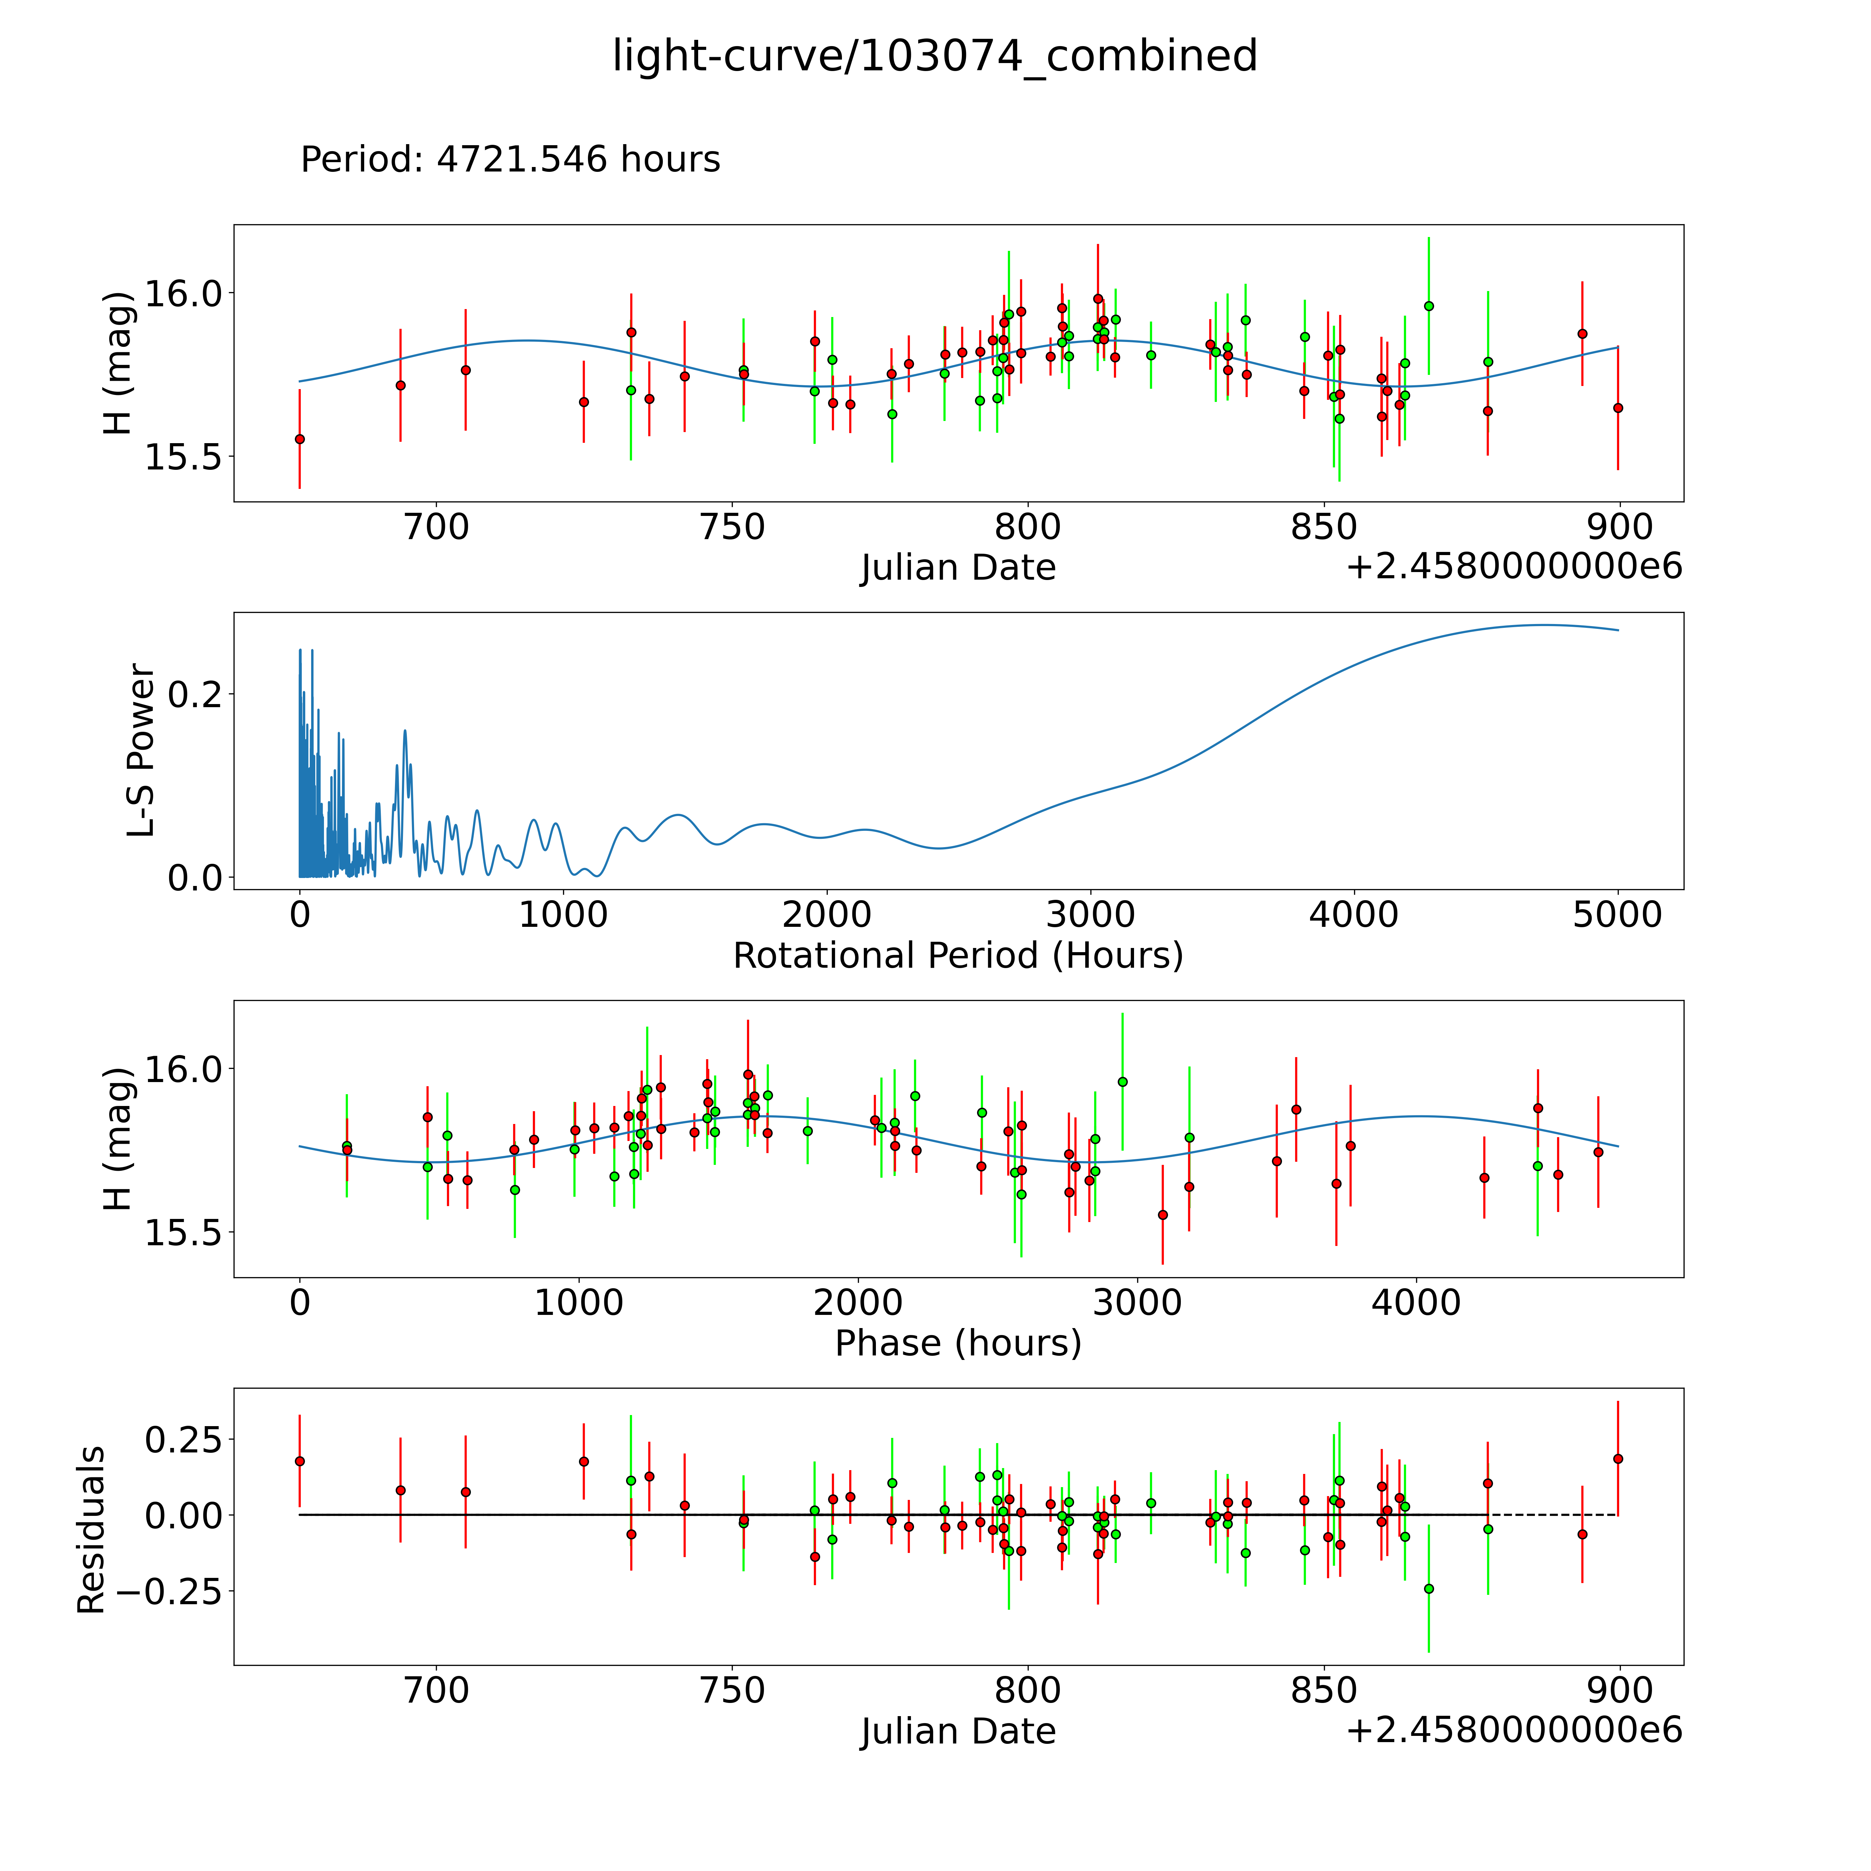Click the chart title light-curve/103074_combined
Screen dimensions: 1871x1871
(934, 56)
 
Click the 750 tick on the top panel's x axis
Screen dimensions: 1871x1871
(732, 528)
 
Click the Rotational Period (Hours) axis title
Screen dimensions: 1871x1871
(958, 956)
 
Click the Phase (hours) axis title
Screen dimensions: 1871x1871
(958, 1343)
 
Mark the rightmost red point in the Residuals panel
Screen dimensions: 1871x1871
(1617, 1458)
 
